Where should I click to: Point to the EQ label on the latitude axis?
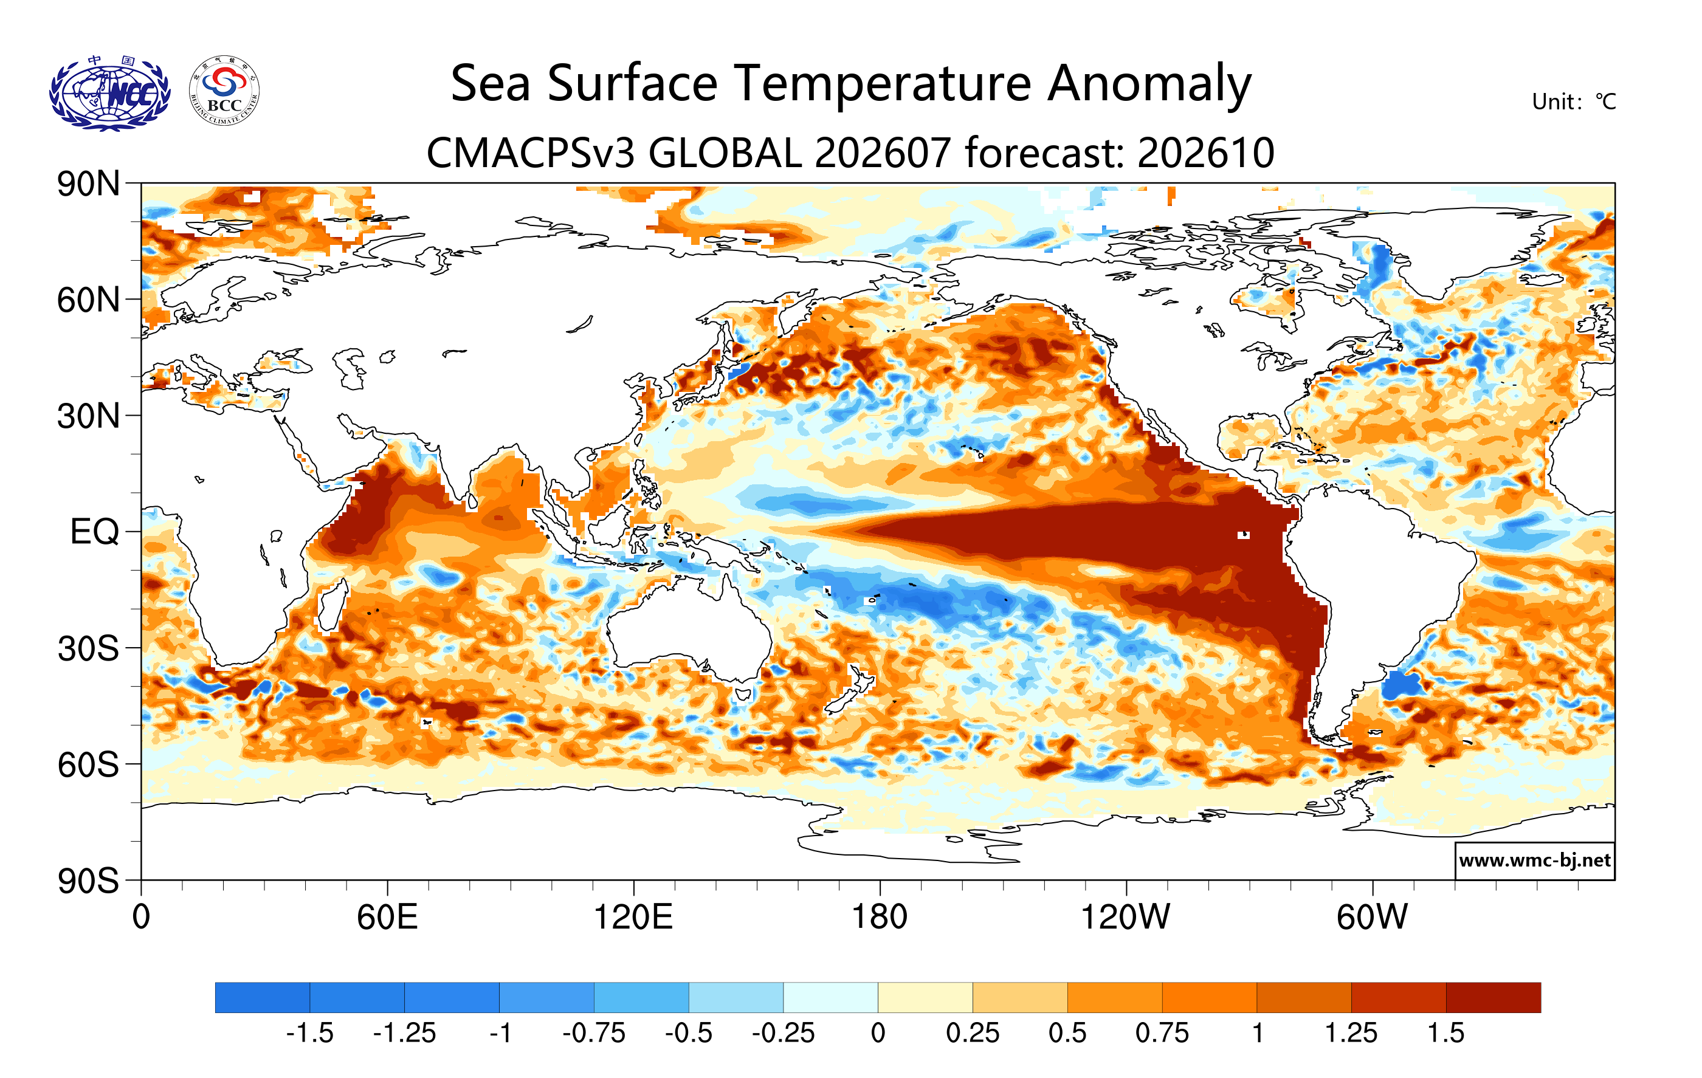tap(95, 531)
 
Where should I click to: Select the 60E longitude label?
tap(387, 917)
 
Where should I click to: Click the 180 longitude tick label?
tap(880, 917)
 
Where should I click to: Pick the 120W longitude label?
tap(1125, 917)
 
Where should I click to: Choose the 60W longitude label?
tap(1372, 917)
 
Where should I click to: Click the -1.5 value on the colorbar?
tap(309, 1033)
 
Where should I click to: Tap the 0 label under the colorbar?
tap(878, 1033)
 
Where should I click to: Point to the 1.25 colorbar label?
tap(1351, 1033)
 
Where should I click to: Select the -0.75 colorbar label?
tap(594, 1033)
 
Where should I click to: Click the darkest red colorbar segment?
tap(1493, 997)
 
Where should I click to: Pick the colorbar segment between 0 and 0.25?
tap(925, 997)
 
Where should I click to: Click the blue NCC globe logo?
tap(109, 92)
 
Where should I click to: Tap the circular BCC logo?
tap(224, 91)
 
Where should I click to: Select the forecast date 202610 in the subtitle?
tap(1206, 153)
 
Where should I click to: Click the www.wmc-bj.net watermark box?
tap(1534, 860)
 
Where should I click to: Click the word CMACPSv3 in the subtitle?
tap(531, 153)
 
